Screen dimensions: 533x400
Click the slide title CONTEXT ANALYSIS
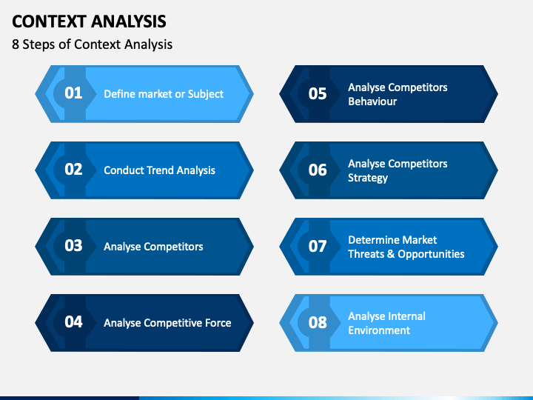tap(89, 21)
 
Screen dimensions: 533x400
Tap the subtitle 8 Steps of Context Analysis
tap(92, 44)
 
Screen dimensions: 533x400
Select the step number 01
tap(73, 93)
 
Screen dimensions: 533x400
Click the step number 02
tap(73, 170)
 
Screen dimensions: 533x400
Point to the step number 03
tap(73, 246)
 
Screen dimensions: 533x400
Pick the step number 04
tap(73, 321)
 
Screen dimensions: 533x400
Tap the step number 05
tap(318, 94)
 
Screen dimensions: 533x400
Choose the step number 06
tap(318, 170)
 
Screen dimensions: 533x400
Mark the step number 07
tap(318, 246)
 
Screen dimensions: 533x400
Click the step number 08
tap(318, 322)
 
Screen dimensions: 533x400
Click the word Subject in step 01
tap(206, 94)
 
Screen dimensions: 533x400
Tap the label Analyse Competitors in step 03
tap(153, 247)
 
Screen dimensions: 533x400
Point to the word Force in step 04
tap(218, 323)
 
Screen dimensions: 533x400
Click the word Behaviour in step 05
tap(372, 101)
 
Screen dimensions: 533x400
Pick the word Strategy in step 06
tap(368, 178)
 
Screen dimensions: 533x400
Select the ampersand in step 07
tap(391, 254)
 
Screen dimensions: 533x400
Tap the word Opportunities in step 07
tap(431, 254)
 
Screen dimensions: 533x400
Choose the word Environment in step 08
tap(379, 330)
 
